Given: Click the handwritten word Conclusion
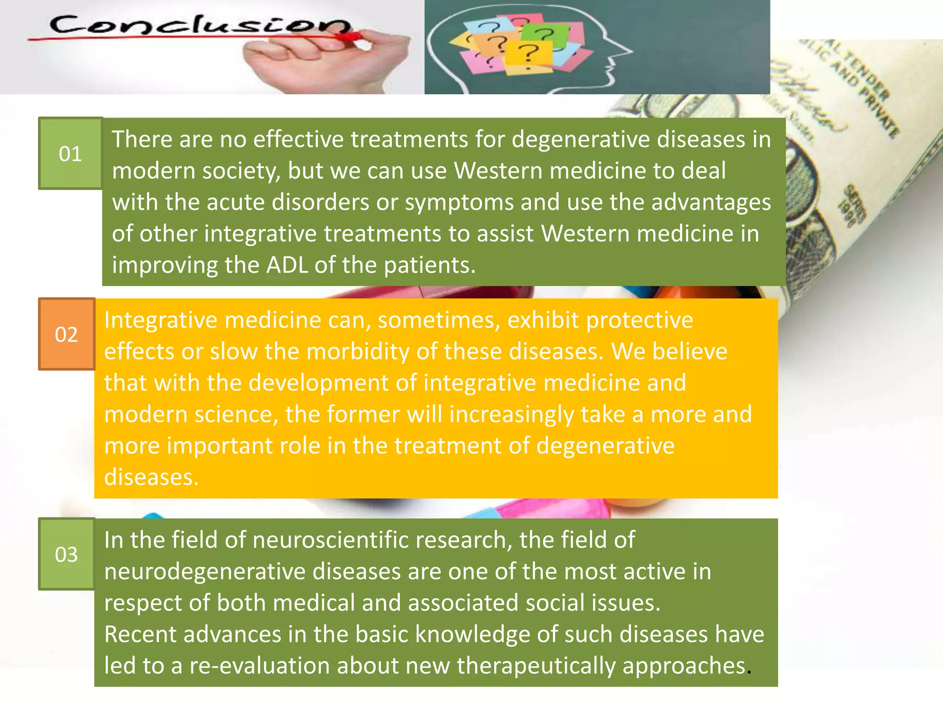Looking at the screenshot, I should point(198,25).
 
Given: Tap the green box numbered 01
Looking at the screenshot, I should point(70,153).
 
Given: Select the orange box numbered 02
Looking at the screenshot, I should point(66,334).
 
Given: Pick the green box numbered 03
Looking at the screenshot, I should point(66,554).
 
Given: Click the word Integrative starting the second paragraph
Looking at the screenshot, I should point(160,320).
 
